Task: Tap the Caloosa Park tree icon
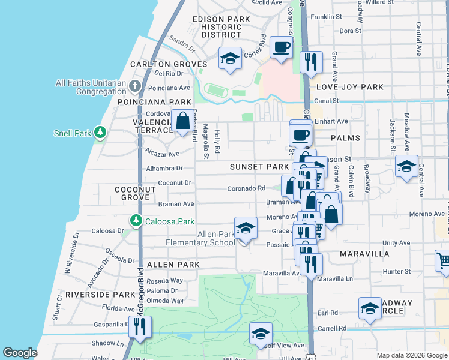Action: pyautogui.click(x=136, y=221)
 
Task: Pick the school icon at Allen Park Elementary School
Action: pyautogui.click(x=245, y=229)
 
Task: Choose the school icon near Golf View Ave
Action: pyautogui.click(x=261, y=334)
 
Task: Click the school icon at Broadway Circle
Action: pyautogui.click(x=370, y=308)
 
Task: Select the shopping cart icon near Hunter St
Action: pyautogui.click(x=444, y=260)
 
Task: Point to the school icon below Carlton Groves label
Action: pyautogui.click(x=229, y=59)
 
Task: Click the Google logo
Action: pyautogui.click(x=20, y=353)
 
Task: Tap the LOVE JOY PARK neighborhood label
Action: pyautogui.click(x=349, y=87)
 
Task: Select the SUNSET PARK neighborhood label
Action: pyautogui.click(x=259, y=166)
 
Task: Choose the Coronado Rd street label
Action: pyautogui.click(x=246, y=188)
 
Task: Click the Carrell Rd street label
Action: pyautogui.click(x=334, y=329)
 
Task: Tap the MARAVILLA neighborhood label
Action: pyautogui.click(x=364, y=254)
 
